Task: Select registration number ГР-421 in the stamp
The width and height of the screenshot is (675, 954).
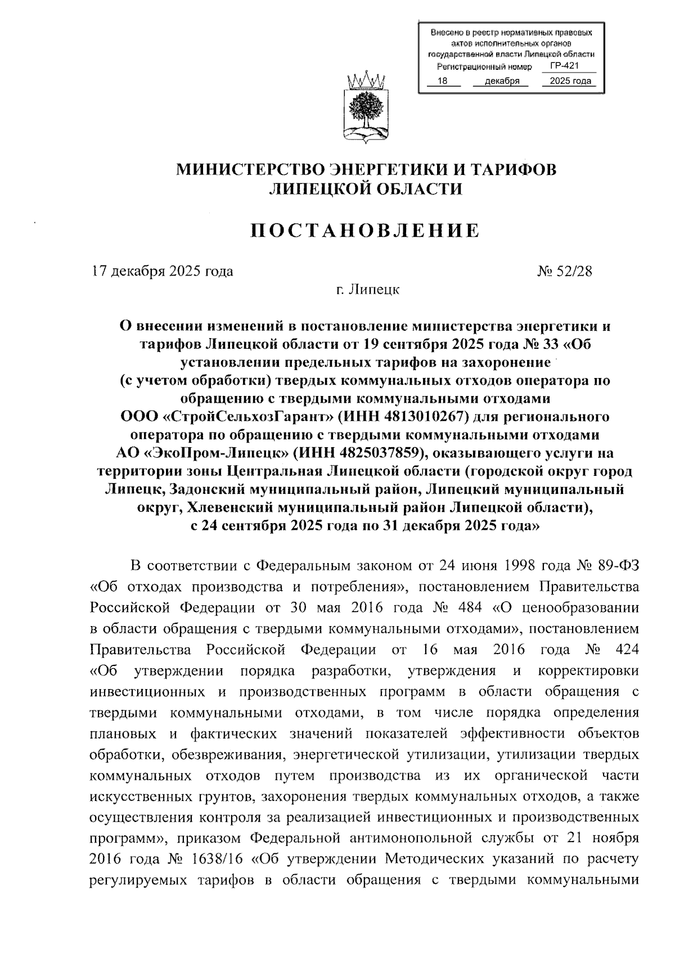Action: (564, 66)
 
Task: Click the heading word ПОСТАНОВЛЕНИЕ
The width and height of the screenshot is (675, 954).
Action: (365, 230)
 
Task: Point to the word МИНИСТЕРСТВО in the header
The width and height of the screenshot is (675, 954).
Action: (250, 169)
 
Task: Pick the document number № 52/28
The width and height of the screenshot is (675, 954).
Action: (564, 271)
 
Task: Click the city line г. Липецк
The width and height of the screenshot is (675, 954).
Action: (367, 290)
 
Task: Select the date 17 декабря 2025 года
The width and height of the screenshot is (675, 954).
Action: (163, 271)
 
